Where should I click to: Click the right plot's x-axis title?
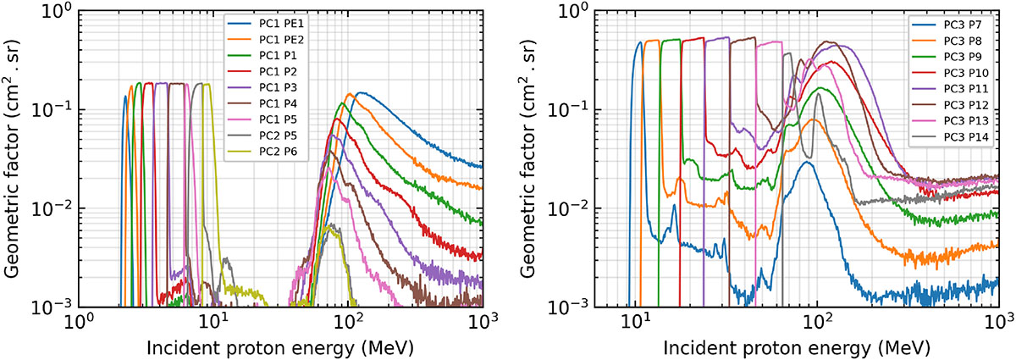click(797, 347)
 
